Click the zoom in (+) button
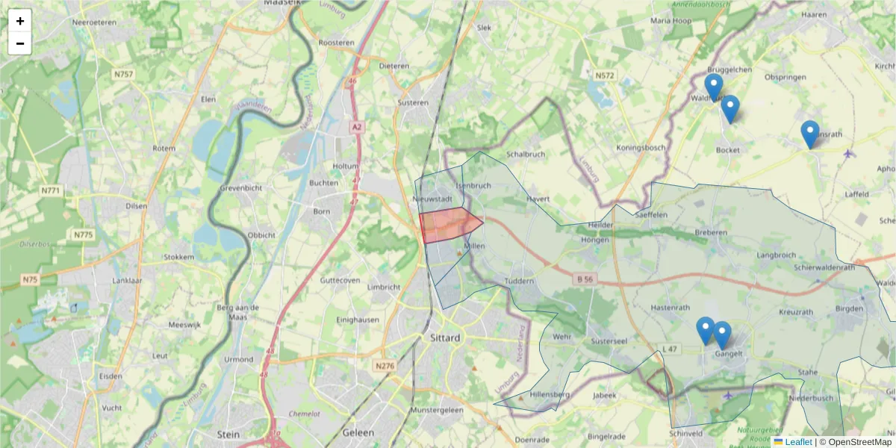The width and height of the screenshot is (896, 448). [20, 21]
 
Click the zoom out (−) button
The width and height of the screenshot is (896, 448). [20, 43]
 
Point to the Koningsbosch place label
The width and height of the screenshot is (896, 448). [641, 148]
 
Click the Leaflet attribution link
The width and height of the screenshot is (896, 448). [798, 442]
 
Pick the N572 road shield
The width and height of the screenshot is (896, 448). [604, 75]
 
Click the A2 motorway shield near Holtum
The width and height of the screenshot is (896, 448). [357, 128]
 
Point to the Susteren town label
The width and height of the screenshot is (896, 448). [413, 103]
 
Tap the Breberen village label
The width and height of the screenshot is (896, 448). [710, 233]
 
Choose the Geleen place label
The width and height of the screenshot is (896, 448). [358, 433]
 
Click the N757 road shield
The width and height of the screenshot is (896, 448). [123, 74]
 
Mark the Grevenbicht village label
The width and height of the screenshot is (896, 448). [240, 188]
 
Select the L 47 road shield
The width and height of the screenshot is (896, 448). [669, 349]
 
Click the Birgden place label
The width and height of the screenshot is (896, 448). [848, 308]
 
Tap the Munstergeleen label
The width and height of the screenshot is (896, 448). [437, 411]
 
